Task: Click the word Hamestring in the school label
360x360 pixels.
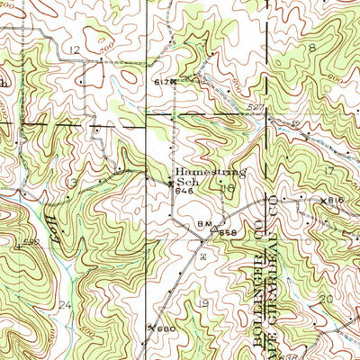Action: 211,169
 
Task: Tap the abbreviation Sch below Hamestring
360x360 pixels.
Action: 185,180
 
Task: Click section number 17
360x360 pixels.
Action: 329,170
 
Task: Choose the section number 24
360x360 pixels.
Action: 63,306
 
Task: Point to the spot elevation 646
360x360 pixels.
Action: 185,192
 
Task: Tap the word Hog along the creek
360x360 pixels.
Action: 52,221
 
